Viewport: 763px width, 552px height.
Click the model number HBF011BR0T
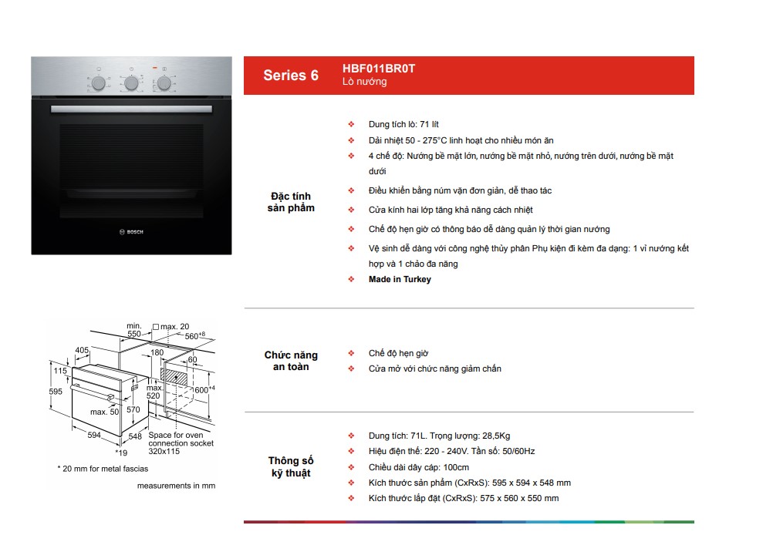pyautogui.click(x=379, y=69)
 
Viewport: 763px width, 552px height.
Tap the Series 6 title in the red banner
pyautogui.click(x=291, y=76)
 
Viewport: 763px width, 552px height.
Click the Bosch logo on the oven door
pyautogui.click(x=131, y=232)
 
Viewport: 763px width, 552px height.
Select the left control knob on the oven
pyautogui.click(x=99, y=83)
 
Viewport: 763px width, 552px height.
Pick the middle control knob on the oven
pyautogui.click(x=131, y=83)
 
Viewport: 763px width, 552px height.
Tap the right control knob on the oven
pyautogui.click(x=164, y=83)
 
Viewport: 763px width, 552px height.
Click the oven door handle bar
pyautogui.click(x=131, y=109)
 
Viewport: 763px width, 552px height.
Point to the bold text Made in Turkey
pyautogui.click(x=400, y=279)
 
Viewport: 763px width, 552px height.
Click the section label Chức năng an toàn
pyautogui.click(x=291, y=360)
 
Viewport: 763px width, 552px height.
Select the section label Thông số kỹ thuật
pyautogui.click(x=291, y=466)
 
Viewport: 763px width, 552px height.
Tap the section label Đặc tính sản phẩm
pyautogui.click(x=291, y=202)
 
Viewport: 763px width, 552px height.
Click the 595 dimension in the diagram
pyautogui.click(x=56, y=392)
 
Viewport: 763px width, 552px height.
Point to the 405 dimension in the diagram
pyautogui.click(x=82, y=350)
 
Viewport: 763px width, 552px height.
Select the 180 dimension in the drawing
pyautogui.click(x=157, y=352)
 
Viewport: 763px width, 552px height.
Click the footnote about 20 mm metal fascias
pyautogui.click(x=103, y=469)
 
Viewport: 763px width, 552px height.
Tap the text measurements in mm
pyautogui.click(x=176, y=486)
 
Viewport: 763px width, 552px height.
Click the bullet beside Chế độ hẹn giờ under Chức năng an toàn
pyautogui.click(x=351, y=352)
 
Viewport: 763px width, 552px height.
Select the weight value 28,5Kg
pyautogui.click(x=496, y=436)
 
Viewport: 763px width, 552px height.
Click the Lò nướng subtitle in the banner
pyautogui.click(x=364, y=82)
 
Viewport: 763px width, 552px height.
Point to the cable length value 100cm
pyautogui.click(x=456, y=467)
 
